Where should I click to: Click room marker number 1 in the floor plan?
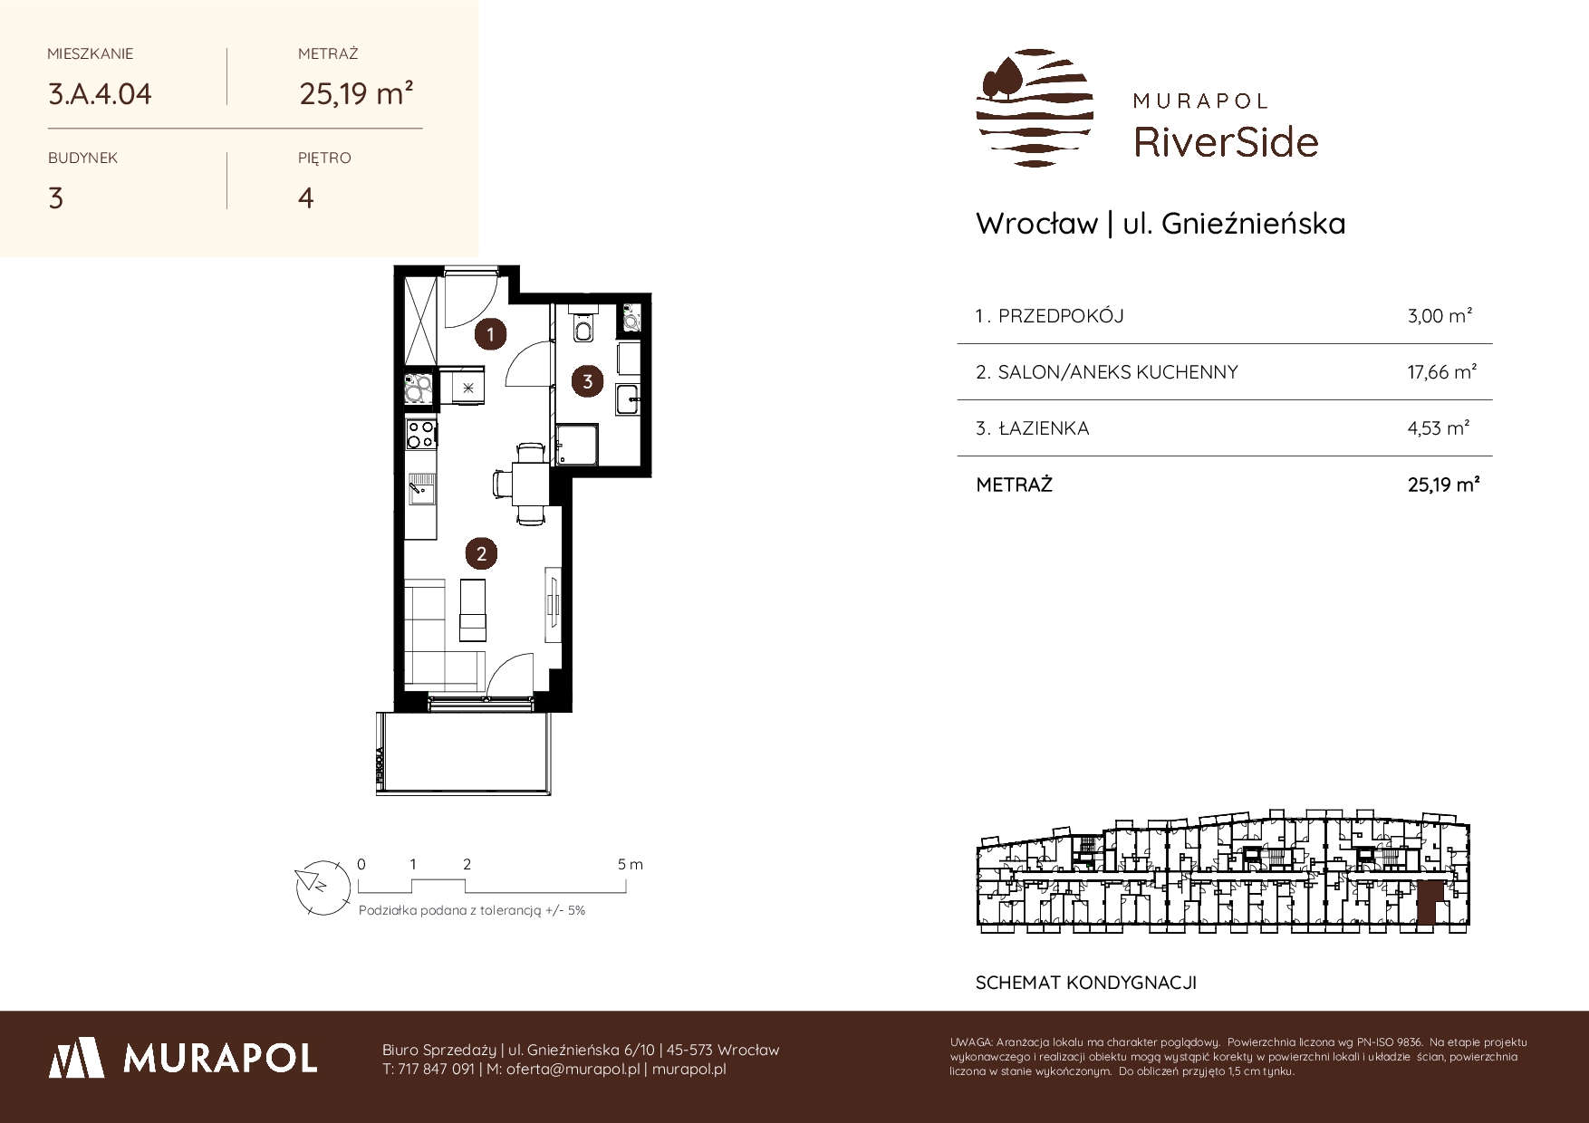pos(491,335)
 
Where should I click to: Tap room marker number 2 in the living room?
pos(481,553)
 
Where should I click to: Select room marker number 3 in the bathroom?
pos(588,381)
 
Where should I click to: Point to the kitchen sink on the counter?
pos(421,489)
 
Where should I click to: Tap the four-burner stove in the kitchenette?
pos(420,435)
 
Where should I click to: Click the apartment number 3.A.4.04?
pos(100,94)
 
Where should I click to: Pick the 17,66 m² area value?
pos(1442,371)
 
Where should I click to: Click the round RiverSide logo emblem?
pos(1035,108)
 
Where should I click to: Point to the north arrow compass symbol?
pos(323,884)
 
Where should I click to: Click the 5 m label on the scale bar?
pos(631,864)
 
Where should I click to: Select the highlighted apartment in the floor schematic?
pos(1429,905)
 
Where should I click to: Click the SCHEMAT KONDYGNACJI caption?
pos(1086,983)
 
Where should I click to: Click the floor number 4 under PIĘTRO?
pos(306,197)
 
